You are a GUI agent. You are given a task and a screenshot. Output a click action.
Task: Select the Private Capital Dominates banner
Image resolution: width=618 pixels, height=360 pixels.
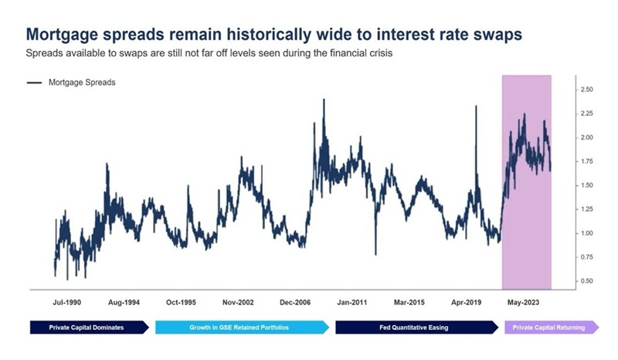87,328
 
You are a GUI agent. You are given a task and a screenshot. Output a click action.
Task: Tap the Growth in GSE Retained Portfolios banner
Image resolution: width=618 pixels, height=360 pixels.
239,328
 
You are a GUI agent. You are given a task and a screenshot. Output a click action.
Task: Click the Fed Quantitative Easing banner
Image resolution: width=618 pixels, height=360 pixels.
415,328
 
